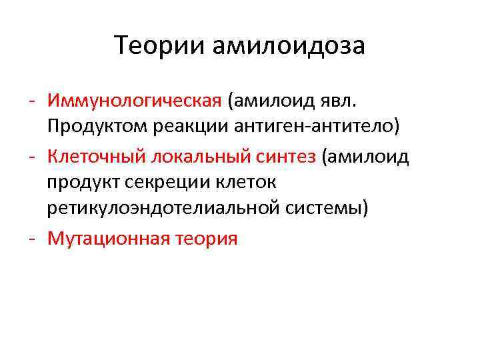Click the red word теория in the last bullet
207,238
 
